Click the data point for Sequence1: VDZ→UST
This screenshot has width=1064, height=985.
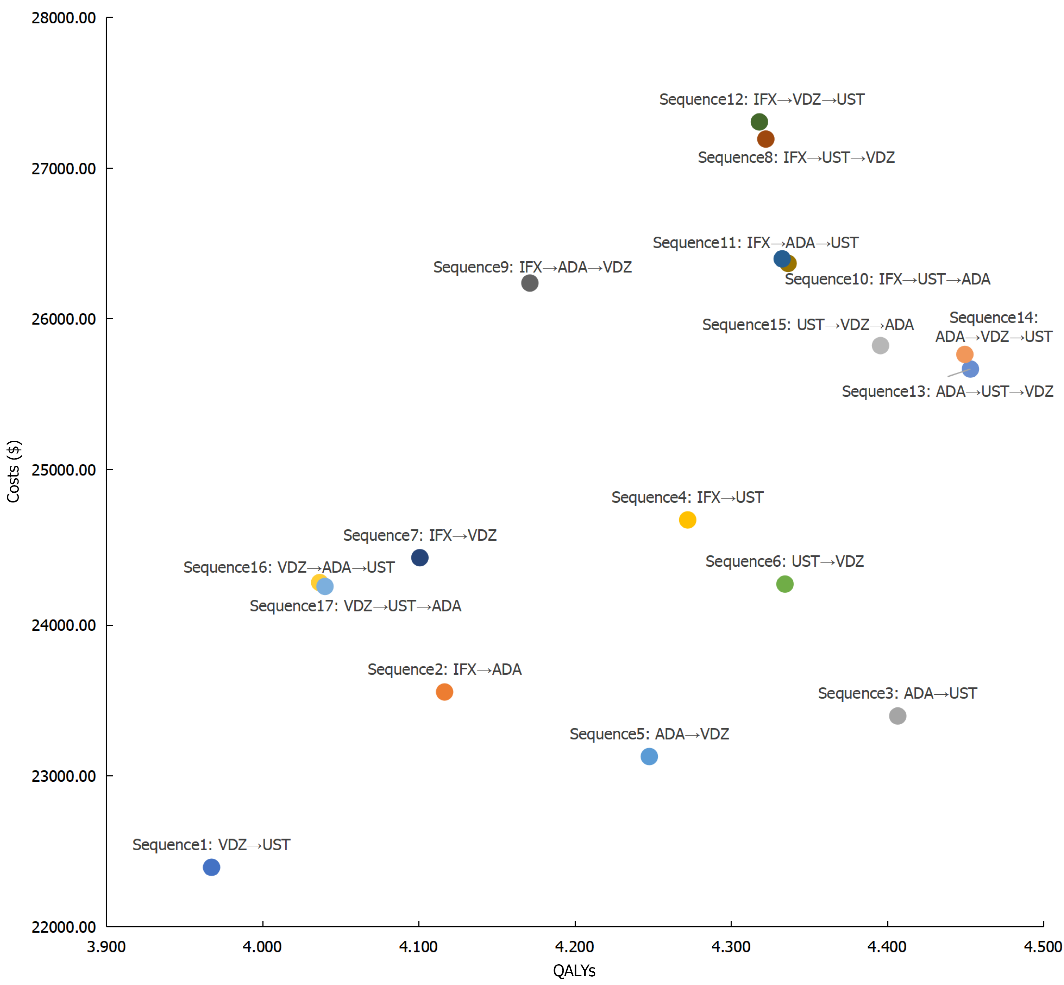point(211,867)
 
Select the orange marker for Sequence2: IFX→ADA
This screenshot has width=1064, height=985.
point(444,692)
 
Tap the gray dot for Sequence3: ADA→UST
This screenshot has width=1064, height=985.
point(898,716)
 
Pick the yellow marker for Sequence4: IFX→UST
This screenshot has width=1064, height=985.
point(687,520)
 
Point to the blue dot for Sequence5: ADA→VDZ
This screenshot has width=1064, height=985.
point(649,756)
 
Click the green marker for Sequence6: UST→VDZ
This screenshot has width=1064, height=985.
point(785,584)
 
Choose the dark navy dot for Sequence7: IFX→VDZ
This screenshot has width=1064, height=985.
point(420,558)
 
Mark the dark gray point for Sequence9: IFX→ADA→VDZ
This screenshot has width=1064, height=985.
point(530,283)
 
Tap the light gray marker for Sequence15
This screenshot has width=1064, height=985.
point(880,346)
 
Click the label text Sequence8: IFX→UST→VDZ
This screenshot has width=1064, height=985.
point(796,158)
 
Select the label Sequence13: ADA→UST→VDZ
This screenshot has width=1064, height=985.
point(947,392)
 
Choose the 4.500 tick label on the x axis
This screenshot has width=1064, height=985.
point(1043,947)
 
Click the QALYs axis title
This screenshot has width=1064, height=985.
point(574,971)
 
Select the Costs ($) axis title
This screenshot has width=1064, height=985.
point(13,471)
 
